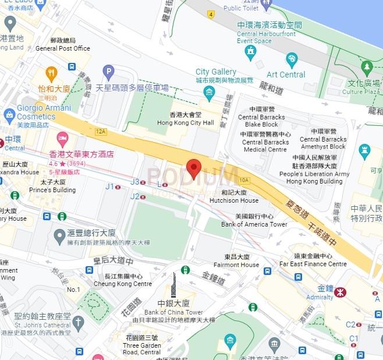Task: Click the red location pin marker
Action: pyautogui.click(x=194, y=168)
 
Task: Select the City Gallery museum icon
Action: pyautogui.click(x=209, y=91)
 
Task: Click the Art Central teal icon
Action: pyautogui.click(x=292, y=60)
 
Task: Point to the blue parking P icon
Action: pyautogui.click(x=108, y=72)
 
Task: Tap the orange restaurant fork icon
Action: pyautogui.click(x=51, y=73)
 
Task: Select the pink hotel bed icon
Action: pyautogui.click(x=62, y=140)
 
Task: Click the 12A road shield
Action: pyautogui.click(x=102, y=132)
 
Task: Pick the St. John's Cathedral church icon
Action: pyautogui.click(x=79, y=322)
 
